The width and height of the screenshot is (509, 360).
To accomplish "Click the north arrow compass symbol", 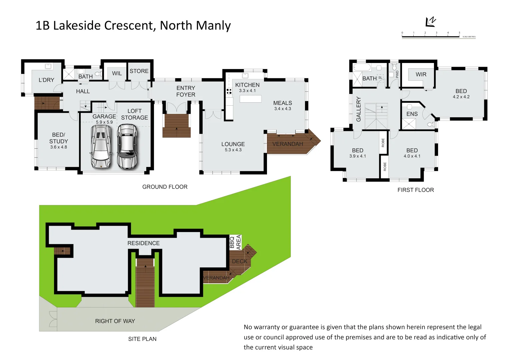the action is click(430, 22).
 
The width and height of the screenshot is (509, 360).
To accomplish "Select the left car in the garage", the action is click(101, 147).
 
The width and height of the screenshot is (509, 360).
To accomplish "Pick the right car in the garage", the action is click(127, 147).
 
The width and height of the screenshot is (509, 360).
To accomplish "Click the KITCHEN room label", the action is click(247, 85).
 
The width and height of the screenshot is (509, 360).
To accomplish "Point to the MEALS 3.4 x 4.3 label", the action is click(282, 106).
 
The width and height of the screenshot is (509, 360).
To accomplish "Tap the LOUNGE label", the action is click(233, 144).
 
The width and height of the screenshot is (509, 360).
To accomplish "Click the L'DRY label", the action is click(46, 80).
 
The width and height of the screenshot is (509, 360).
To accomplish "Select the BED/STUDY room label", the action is click(59, 138).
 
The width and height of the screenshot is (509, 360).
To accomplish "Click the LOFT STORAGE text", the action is click(134, 114).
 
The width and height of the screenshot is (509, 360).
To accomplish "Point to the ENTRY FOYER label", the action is click(186, 91).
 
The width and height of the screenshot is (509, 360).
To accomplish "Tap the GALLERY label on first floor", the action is click(359, 109).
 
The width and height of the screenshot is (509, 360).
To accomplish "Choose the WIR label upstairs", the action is click(421, 75).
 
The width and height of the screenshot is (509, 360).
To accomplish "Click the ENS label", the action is click(412, 114).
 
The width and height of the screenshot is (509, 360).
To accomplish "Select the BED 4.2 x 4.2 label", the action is click(461, 94).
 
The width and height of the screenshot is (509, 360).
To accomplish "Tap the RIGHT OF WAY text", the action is click(115, 321).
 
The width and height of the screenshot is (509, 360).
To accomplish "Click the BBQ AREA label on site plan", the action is click(235, 242).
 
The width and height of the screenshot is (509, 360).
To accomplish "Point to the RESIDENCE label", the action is click(143, 243).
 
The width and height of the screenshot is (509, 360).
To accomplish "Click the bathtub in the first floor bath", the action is click(362, 68).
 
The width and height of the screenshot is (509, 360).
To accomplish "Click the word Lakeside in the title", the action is click(79, 26).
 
